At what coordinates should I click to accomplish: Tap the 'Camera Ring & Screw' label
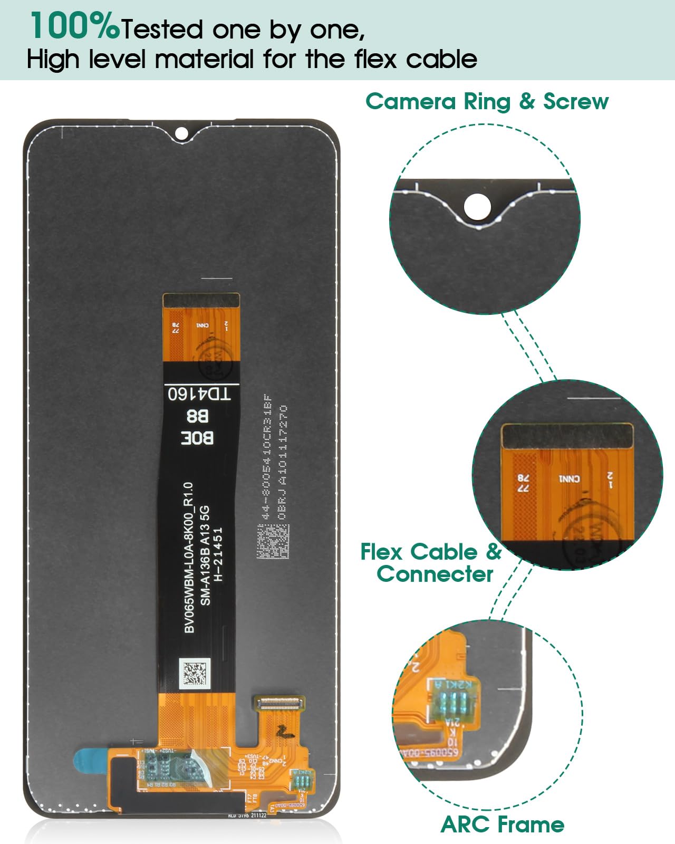click(x=487, y=101)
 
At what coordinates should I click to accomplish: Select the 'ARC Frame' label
click(x=502, y=824)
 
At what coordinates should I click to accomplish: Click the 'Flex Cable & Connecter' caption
click(x=431, y=563)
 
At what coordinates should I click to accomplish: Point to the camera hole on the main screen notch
click(x=181, y=133)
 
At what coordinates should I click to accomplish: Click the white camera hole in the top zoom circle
click(x=478, y=205)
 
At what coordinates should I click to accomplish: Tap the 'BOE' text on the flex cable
click(x=197, y=437)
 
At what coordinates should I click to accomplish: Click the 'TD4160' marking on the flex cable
click(x=199, y=394)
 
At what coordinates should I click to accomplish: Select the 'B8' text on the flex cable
click(x=197, y=416)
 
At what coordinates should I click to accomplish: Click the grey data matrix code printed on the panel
click(x=273, y=541)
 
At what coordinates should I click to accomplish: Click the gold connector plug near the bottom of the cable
click(x=279, y=702)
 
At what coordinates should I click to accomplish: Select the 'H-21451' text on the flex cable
click(x=218, y=554)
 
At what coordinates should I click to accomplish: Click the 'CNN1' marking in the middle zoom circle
click(x=569, y=479)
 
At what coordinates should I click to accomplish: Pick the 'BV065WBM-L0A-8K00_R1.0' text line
click(x=190, y=557)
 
